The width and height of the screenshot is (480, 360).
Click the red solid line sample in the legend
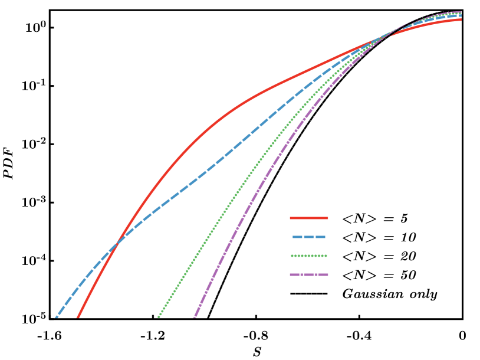click(309, 218)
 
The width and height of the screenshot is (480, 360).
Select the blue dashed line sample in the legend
click(309, 237)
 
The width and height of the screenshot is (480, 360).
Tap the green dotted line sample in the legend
click(309, 256)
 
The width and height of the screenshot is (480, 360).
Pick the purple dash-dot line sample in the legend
click(309, 274)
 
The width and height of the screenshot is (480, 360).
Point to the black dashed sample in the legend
click(300, 293)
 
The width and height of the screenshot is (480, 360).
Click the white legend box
click(297, 255)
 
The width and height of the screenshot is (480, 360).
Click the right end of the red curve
click(461, 19)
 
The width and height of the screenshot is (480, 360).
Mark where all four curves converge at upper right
click(386, 36)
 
